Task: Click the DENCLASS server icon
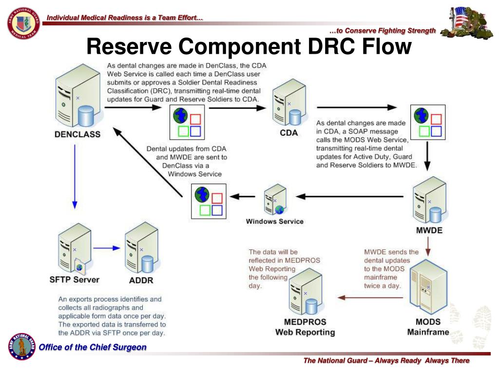coord(75,98)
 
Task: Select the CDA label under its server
coord(289,132)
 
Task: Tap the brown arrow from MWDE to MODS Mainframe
coord(428,245)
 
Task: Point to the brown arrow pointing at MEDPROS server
coord(370,297)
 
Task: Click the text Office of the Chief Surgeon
coord(93,347)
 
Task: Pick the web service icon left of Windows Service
coord(209,201)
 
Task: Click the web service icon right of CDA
coord(428,122)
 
